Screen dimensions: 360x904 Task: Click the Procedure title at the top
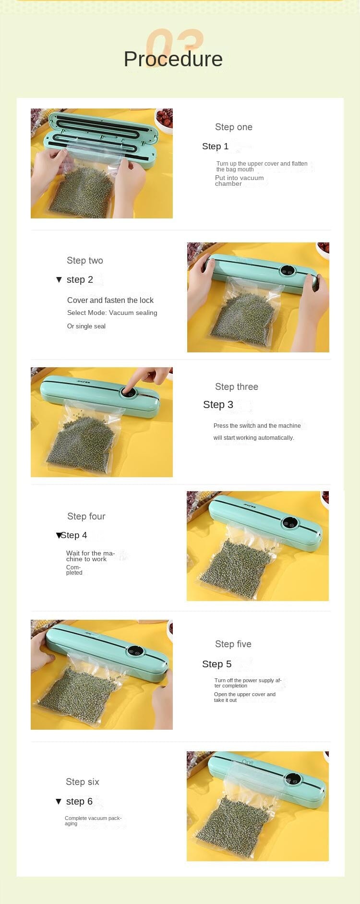(x=173, y=59)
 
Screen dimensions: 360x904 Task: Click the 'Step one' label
(x=234, y=127)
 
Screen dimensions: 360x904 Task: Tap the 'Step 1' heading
(x=216, y=146)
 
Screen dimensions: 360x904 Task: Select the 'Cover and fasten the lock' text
(x=110, y=300)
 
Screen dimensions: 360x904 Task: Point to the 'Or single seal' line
(x=86, y=326)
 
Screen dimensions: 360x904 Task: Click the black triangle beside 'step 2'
(x=59, y=279)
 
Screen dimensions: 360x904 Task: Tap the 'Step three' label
(x=237, y=387)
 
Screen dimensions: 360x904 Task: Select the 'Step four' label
(x=86, y=517)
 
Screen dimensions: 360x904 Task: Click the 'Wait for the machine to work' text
(x=91, y=556)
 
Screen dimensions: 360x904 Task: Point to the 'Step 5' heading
(x=217, y=664)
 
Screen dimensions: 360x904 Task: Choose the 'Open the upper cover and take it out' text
(x=245, y=697)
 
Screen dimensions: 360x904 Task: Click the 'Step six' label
(x=83, y=782)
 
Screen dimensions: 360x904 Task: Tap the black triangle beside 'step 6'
(x=59, y=801)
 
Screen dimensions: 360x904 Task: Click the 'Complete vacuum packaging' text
(x=93, y=820)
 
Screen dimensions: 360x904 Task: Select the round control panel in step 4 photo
(x=290, y=523)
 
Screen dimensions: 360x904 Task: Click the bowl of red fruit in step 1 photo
(x=164, y=119)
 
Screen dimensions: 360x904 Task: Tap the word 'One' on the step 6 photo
(x=248, y=762)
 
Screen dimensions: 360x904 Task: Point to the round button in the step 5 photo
(x=135, y=651)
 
